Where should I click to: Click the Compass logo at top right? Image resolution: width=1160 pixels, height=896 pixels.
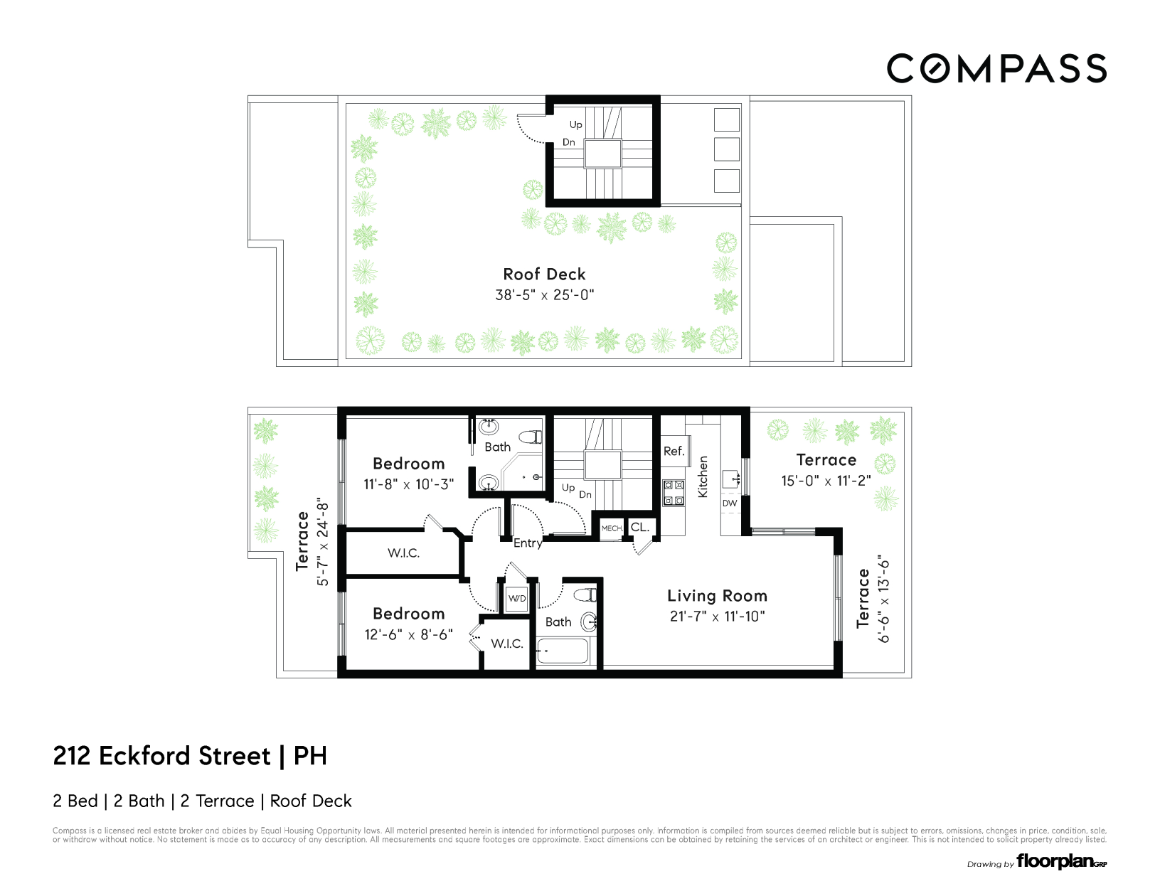coord(996,69)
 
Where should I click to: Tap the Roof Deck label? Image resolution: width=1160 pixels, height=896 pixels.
coord(544,274)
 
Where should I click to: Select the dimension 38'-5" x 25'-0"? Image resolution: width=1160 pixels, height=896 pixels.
coord(544,294)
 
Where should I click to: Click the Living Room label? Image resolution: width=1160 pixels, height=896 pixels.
coord(717,596)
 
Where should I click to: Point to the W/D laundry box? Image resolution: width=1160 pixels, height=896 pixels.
coord(517,598)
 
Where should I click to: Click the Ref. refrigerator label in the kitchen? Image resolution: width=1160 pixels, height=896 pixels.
coord(674,451)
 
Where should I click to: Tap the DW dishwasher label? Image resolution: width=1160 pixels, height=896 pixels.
coord(730,503)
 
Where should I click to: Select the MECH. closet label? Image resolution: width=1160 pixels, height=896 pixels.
coord(612,528)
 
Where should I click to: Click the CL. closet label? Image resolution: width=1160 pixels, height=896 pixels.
coord(640,527)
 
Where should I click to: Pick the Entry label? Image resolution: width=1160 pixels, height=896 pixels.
coord(528,543)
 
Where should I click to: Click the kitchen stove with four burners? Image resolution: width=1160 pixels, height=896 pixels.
coord(674,493)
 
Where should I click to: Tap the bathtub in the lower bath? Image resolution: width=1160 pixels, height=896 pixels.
coord(563,651)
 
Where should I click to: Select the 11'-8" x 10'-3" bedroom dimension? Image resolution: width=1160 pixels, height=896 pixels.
coord(408,484)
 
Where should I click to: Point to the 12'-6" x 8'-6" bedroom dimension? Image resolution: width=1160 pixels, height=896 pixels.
coord(408,634)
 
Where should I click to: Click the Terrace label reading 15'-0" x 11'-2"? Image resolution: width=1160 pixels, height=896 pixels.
coord(826,460)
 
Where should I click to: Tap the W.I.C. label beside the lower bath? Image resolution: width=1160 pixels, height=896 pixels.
coord(507,644)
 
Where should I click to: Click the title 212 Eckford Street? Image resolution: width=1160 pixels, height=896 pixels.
coord(162,755)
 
